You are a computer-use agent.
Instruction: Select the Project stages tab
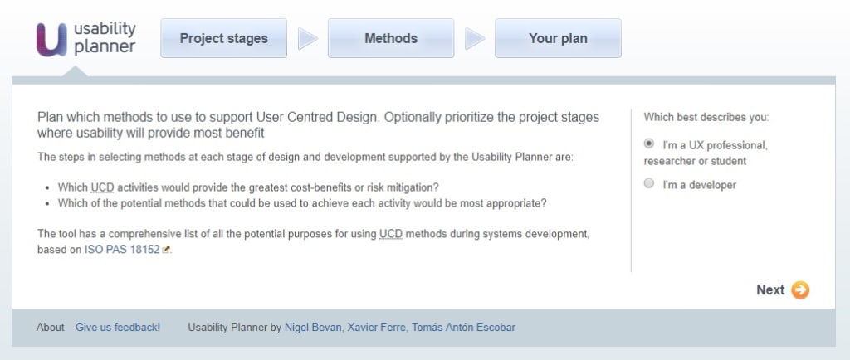[224, 38]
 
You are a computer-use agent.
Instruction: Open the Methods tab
[391, 38]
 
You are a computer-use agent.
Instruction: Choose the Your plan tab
[558, 38]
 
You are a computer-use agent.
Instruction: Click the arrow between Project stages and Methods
[308, 39]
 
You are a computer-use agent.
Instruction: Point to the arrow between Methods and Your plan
[475, 39]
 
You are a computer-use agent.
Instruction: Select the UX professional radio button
[649, 144]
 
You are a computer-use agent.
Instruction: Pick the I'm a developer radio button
[649, 184]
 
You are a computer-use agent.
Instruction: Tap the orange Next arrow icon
[800, 289]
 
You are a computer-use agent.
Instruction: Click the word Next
[770, 289]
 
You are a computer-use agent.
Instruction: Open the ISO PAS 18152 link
[122, 249]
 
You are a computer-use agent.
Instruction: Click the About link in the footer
[51, 328]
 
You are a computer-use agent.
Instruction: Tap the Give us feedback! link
[118, 328]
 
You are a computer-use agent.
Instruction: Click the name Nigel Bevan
[313, 328]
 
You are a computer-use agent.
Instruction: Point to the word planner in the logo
[105, 47]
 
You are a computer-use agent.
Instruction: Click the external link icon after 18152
[166, 250]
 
